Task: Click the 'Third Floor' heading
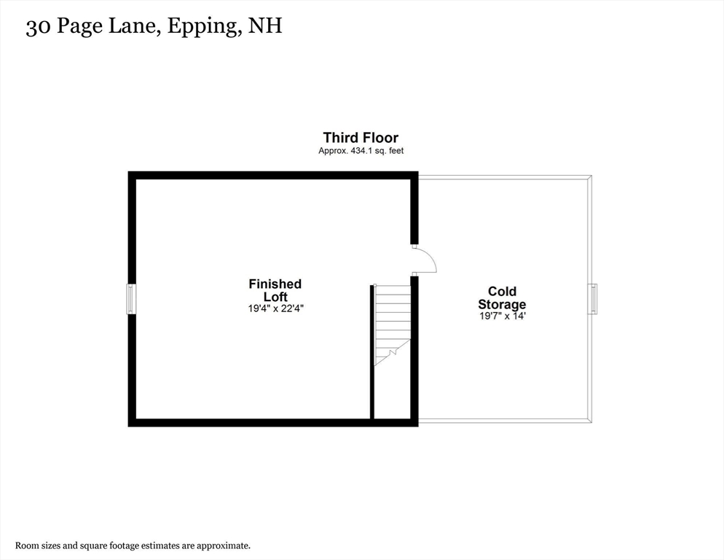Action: tap(361, 137)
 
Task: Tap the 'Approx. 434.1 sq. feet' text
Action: tap(361, 151)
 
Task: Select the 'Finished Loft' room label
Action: tap(275, 290)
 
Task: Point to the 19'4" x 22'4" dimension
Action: tap(275, 308)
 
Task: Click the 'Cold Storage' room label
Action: tap(502, 298)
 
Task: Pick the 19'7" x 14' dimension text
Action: tap(502, 316)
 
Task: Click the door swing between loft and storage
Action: tap(425, 260)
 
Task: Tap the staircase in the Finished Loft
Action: tap(392, 324)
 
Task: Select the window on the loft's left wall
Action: tap(132, 299)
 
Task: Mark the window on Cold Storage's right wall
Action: tap(593, 299)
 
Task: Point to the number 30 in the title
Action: tap(37, 27)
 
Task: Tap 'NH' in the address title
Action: tap(265, 27)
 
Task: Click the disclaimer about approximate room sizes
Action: tap(133, 545)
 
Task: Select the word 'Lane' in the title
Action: tap(135, 27)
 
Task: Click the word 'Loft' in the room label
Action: tap(275, 297)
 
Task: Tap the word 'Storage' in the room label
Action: tap(502, 305)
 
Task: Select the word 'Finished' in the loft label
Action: tap(275, 284)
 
